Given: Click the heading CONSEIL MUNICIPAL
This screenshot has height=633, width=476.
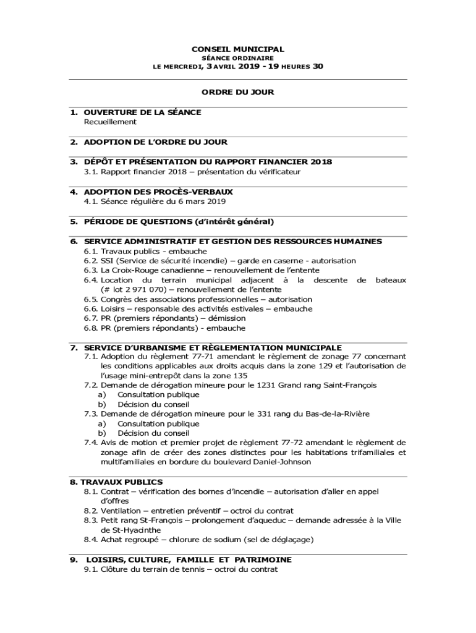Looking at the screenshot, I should [x=237, y=49].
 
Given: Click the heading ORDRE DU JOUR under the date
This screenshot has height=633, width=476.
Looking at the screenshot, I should [x=237, y=92].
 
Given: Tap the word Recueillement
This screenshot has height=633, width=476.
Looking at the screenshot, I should [x=110, y=122].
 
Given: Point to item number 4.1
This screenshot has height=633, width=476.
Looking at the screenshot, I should [x=91, y=202].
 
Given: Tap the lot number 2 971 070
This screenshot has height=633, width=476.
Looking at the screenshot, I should [x=132, y=289].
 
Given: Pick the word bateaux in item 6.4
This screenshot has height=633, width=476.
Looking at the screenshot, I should [x=391, y=280].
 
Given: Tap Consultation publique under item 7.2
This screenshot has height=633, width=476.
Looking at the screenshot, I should [x=158, y=394].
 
